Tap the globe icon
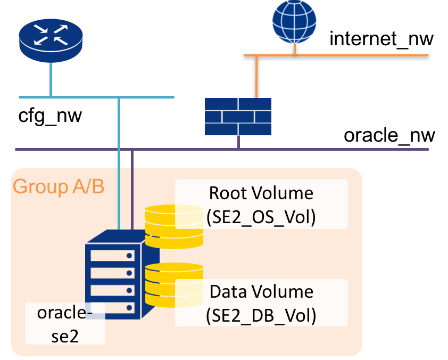point(294,22)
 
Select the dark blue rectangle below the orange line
point(238,116)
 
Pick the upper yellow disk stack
point(175,227)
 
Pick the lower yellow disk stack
point(175,287)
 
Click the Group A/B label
point(58,187)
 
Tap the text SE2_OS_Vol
point(261,217)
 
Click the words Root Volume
point(261,193)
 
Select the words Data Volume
point(261,292)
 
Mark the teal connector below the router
point(51,79)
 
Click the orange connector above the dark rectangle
point(256,77)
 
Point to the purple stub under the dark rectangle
point(238,142)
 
